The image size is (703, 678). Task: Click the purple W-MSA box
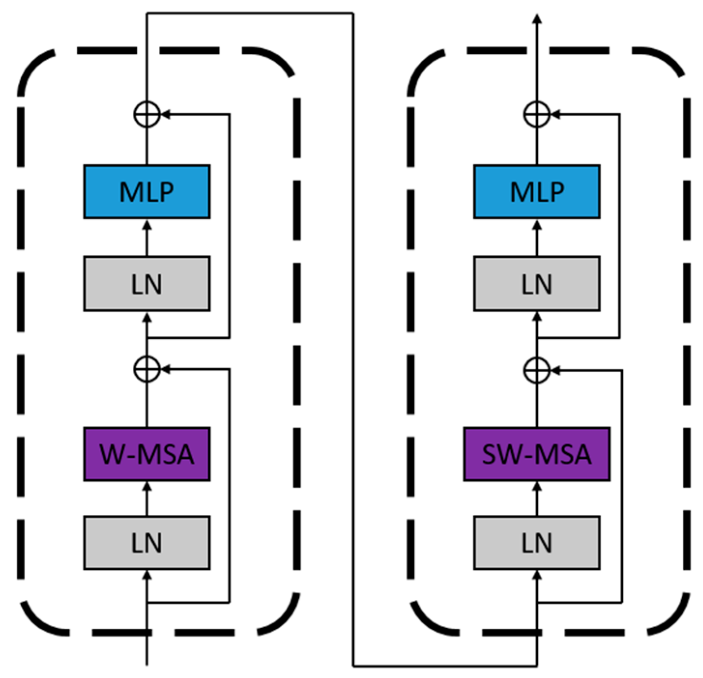click(x=146, y=454)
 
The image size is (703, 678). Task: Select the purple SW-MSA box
click(x=536, y=454)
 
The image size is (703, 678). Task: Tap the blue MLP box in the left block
click(x=146, y=192)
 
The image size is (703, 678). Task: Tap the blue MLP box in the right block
click(x=536, y=192)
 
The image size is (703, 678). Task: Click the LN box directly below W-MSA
click(x=146, y=543)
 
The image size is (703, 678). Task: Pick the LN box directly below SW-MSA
click(x=536, y=543)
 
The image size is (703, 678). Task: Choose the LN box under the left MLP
click(x=146, y=283)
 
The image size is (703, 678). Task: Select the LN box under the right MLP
click(x=536, y=283)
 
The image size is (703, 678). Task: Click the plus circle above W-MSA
click(x=147, y=369)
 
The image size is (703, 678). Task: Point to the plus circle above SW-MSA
click(x=537, y=370)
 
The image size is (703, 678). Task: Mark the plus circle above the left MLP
click(x=147, y=114)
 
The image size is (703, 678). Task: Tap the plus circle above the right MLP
click(x=537, y=114)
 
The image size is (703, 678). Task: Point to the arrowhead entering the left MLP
click(x=147, y=225)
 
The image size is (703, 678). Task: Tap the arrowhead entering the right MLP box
click(x=537, y=225)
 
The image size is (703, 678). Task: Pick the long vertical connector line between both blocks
click(x=353, y=338)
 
